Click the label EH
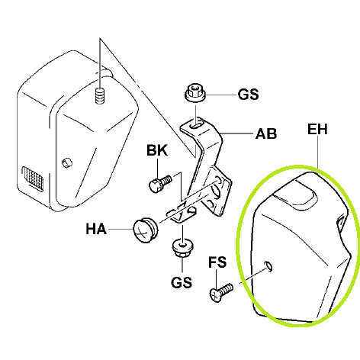(317, 130)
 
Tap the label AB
(266, 133)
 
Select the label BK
(157, 150)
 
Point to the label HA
(96, 229)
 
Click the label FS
(217, 262)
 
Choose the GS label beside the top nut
(248, 95)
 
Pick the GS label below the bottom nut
(182, 282)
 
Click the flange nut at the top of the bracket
(195, 93)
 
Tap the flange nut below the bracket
(182, 248)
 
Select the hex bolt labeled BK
(160, 184)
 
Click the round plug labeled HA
(146, 230)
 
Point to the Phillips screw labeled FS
(221, 293)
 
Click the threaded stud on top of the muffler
(100, 95)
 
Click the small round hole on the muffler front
(67, 162)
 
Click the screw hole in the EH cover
(268, 266)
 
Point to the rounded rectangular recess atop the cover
(296, 196)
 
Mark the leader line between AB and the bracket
(237, 133)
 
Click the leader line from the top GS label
(221, 95)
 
